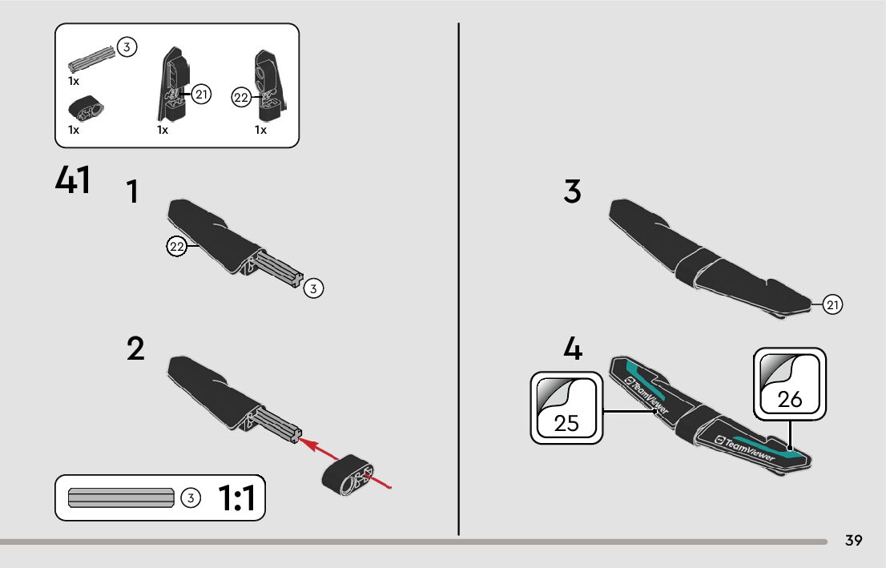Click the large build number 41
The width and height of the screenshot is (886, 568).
pos(72,180)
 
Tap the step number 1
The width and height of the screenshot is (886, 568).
pos(133,192)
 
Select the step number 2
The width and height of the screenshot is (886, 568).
pos(135,349)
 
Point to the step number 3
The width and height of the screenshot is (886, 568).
pos(572,192)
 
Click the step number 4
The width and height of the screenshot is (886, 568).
pos(572,349)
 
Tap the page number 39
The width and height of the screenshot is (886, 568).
pos(853,541)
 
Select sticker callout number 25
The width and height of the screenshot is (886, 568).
pos(566,422)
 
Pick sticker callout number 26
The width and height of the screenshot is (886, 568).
pos(790,398)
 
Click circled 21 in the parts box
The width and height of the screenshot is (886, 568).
pos(200,95)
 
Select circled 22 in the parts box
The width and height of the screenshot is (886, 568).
pos(240,98)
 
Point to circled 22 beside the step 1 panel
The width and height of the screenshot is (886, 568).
pos(176,247)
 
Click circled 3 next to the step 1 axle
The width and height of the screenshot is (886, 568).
pos(313,288)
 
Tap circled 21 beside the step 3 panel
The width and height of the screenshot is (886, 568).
pos(833,304)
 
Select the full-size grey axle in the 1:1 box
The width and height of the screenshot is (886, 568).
pos(121,498)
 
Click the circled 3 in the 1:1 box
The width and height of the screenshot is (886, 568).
pos(190,498)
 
